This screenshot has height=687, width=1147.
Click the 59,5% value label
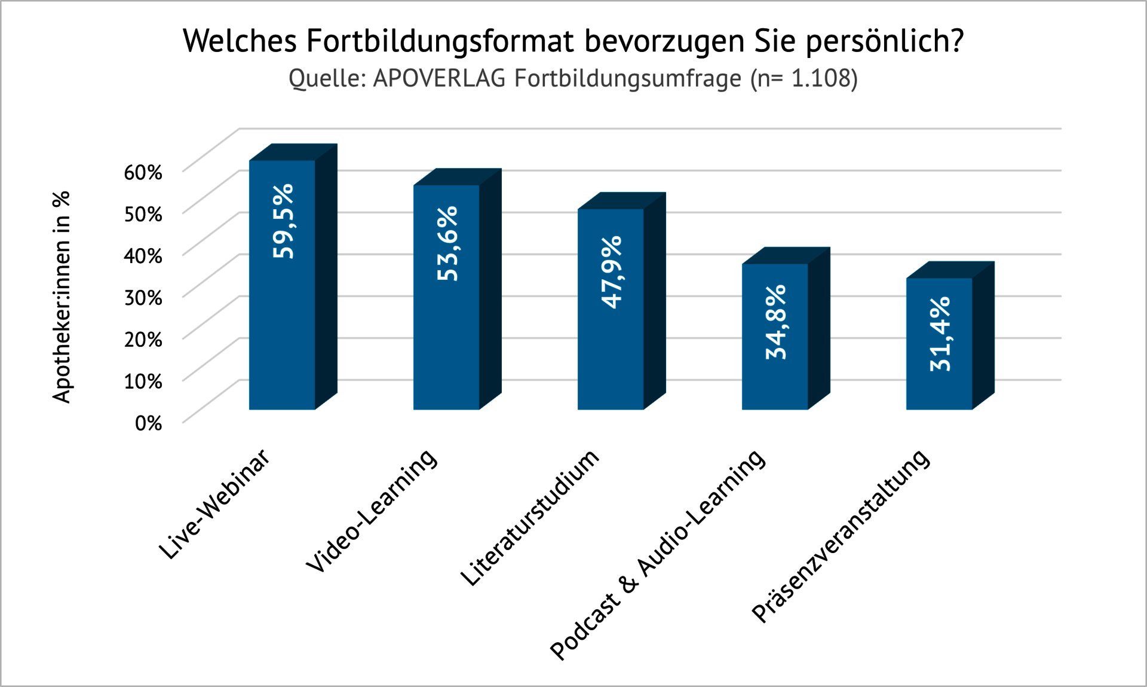[x=283, y=221]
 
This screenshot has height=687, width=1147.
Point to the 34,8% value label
[x=776, y=322]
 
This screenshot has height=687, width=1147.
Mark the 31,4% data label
[x=940, y=334]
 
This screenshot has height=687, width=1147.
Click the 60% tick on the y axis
[x=143, y=172]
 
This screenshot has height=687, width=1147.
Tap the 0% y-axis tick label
[x=148, y=423]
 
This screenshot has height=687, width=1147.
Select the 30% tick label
[x=143, y=297]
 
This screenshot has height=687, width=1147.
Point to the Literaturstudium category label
[x=529, y=518]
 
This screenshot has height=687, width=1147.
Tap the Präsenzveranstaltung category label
[x=840, y=536]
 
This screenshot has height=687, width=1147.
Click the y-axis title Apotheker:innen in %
[x=62, y=297]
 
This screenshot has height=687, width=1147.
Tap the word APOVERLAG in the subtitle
[x=439, y=78]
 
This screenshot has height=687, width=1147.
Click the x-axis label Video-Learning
[x=372, y=511]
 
